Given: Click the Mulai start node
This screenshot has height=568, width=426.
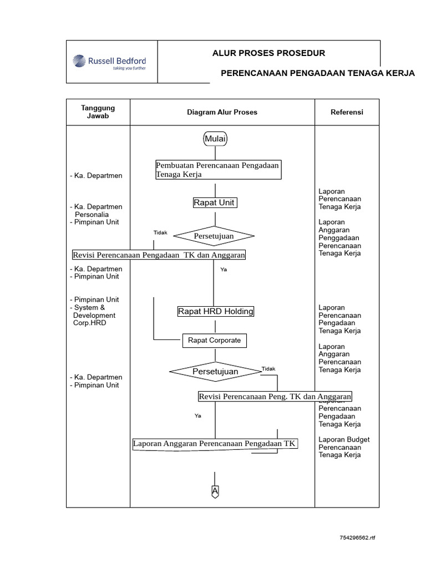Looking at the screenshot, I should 215,139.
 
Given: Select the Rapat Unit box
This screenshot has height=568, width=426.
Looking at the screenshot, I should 215,203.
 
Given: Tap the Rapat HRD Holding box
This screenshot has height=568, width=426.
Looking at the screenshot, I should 215,312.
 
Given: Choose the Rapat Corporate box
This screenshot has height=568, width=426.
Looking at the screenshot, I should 214,341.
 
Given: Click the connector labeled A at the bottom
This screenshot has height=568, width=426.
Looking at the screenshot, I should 215,491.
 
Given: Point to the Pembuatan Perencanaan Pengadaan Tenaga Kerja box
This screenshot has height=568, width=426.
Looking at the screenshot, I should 218,170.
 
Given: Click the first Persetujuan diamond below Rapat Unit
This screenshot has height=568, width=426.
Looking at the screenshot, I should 214,236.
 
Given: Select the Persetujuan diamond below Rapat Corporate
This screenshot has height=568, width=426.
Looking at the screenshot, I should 215,372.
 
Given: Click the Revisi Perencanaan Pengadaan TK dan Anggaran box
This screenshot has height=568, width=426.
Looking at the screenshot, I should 159,255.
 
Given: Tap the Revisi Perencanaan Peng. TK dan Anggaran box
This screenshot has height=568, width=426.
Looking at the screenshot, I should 275,397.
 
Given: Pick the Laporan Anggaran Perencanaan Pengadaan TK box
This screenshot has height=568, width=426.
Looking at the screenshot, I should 215,444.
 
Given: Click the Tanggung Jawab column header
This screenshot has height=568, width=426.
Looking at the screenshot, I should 98,112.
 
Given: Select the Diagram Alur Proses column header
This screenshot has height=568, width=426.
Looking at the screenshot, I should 222,112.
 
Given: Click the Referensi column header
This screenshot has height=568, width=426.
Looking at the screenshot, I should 347,112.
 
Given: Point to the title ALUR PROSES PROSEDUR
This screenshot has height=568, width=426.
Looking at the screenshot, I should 269,53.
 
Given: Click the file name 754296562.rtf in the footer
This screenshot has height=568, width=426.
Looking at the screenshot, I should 358,538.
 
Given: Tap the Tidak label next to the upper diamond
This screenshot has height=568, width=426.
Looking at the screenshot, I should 160,232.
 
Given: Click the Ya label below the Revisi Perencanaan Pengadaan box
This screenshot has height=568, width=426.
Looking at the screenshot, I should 224,270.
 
